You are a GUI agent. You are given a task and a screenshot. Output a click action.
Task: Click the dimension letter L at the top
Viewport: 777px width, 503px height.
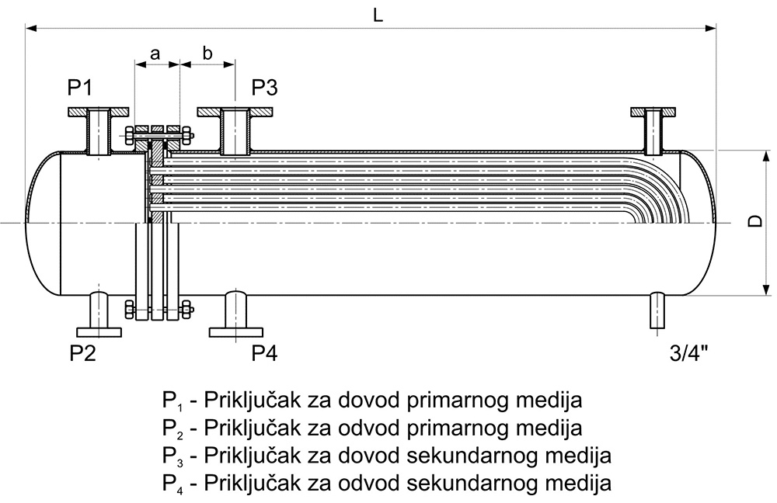(378, 15)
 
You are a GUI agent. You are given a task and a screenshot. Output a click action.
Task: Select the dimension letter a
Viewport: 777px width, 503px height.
(155, 54)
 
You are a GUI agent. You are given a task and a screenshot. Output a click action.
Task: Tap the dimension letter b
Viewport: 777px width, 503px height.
(207, 52)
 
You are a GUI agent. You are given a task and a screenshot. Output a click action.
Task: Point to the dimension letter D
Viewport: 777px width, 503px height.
(754, 220)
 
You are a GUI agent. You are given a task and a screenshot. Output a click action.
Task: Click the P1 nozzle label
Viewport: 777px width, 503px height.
(80, 88)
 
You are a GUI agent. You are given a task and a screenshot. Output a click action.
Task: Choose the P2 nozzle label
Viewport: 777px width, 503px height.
(82, 353)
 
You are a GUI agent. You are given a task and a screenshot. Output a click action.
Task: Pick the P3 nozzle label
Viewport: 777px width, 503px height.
(264, 88)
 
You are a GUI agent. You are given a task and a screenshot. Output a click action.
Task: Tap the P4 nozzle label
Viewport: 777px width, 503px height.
(264, 353)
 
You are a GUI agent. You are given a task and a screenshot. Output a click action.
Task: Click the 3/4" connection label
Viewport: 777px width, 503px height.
(688, 353)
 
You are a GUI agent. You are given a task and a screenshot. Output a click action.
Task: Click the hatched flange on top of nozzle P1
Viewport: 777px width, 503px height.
(99, 113)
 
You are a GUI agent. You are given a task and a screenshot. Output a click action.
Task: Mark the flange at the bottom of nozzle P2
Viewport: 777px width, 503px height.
(99, 332)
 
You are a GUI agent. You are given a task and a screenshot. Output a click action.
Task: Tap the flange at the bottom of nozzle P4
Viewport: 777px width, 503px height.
(236, 332)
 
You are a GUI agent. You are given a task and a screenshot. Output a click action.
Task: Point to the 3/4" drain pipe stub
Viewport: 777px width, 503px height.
(657, 311)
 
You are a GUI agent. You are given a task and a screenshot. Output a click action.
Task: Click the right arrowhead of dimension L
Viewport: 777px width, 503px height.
(711, 29)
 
